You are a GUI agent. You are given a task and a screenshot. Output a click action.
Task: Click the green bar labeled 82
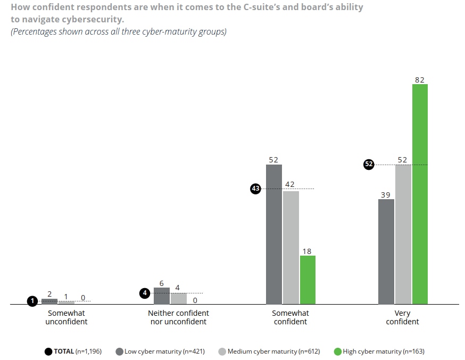420,194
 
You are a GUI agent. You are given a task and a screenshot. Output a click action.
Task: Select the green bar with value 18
308,280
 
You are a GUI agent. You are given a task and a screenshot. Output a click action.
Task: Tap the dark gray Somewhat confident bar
274,234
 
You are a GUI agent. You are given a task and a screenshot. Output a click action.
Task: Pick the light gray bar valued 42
290,248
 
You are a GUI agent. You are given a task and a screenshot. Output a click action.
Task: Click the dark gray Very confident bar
386,252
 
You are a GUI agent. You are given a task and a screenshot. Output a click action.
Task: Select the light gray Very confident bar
403,234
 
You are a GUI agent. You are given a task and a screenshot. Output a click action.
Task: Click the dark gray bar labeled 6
162,296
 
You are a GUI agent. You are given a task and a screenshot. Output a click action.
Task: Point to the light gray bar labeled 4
178,299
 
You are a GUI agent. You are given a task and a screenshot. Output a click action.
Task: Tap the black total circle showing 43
255,189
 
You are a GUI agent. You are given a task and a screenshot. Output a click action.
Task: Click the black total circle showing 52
369,165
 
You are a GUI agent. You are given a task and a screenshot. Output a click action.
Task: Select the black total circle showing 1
32,301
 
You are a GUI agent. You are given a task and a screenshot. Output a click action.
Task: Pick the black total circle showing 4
145,292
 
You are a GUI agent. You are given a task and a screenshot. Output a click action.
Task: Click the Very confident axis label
403,317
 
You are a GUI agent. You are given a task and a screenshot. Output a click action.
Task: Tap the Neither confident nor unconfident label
178,317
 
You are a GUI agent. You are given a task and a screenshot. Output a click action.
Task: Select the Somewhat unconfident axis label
67,317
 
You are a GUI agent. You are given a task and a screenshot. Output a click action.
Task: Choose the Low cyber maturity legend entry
168,351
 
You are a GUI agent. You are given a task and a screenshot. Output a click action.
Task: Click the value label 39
385,195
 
